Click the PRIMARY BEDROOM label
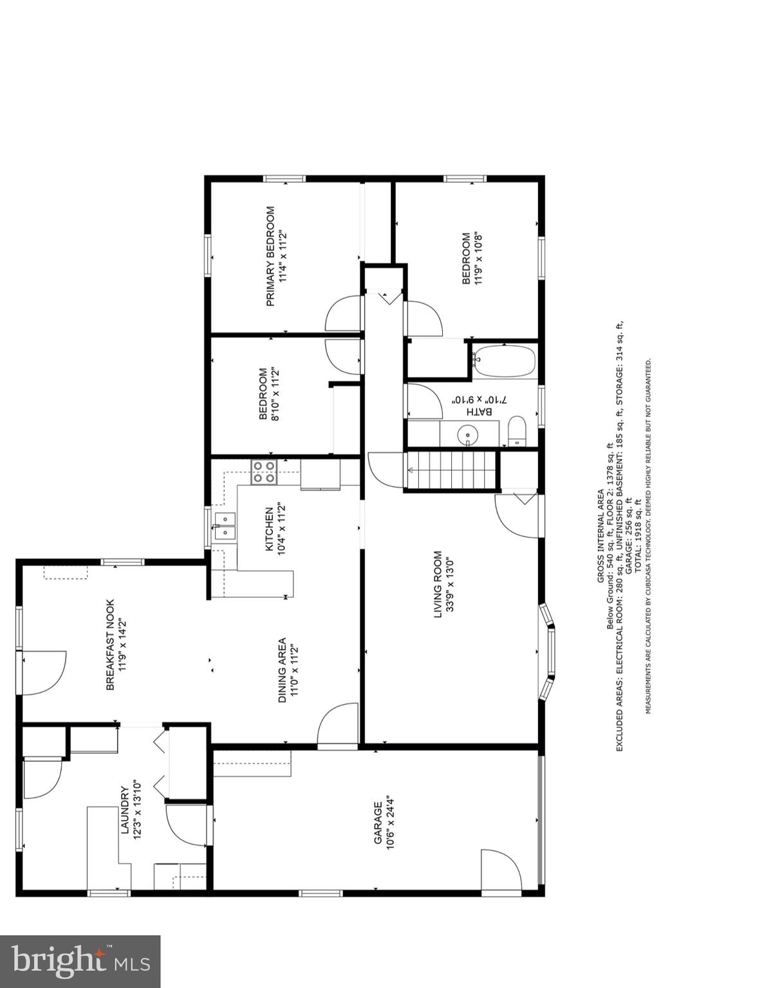pos(270,256)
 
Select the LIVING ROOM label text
pos(438,584)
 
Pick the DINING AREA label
pos(282,670)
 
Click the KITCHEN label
pos(269,529)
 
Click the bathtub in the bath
pos(504,362)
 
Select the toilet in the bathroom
pos(517,431)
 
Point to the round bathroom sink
pos(467,435)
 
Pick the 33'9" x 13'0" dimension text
pos(451,584)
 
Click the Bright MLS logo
pos(80,962)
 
